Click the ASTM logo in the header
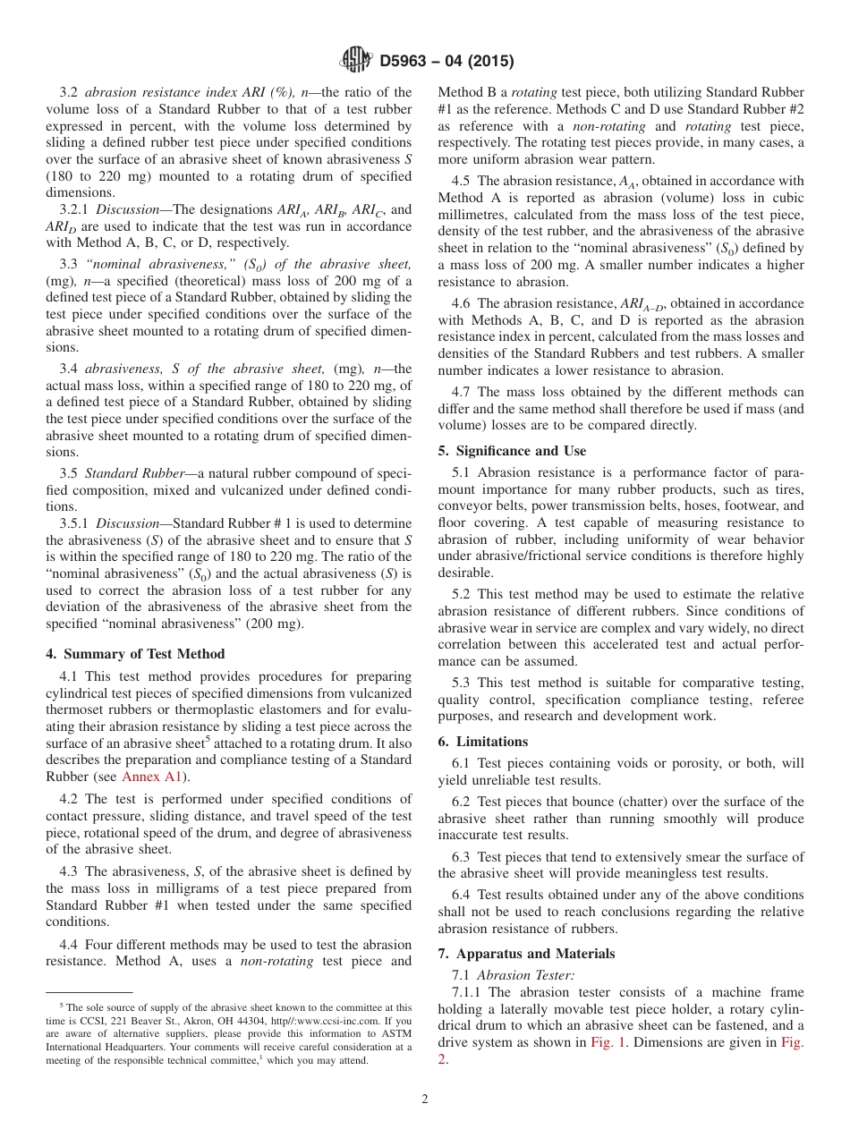click(x=357, y=61)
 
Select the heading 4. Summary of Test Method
click(x=135, y=654)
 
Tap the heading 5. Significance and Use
click(x=512, y=451)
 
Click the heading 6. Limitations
click(x=483, y=742)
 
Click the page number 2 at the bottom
click(x=425, y=1100)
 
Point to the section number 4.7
click(x=462, y=392)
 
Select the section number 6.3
click(x=462, y=857)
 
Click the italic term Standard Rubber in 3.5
click(x=132, y=472)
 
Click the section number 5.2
click(x=462, y=594)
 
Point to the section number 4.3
click(x=70, y=871)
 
